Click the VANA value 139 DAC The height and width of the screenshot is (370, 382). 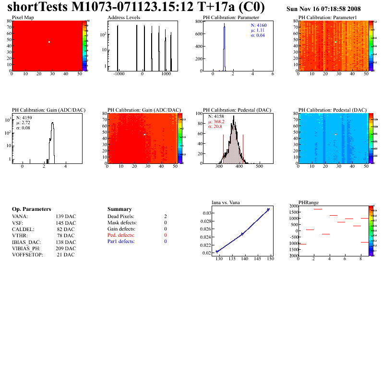(65, 217)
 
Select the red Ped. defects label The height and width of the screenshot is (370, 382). (121, 235)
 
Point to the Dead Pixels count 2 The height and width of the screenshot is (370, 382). (165, 217)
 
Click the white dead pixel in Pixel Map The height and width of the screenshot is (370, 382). (49, 42)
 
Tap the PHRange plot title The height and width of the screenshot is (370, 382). (308, 202)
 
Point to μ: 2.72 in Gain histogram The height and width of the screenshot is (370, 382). (24, 123)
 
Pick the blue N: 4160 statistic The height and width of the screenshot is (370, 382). (260, 25)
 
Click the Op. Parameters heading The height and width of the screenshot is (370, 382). (31, 209)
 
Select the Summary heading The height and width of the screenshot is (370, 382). (120, 209)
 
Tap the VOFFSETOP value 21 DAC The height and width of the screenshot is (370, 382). (66, 254)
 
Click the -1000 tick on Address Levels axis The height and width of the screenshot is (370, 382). (119, 75)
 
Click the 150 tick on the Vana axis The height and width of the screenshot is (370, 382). (271, 259)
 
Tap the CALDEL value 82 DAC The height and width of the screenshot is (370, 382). (66, 229)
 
